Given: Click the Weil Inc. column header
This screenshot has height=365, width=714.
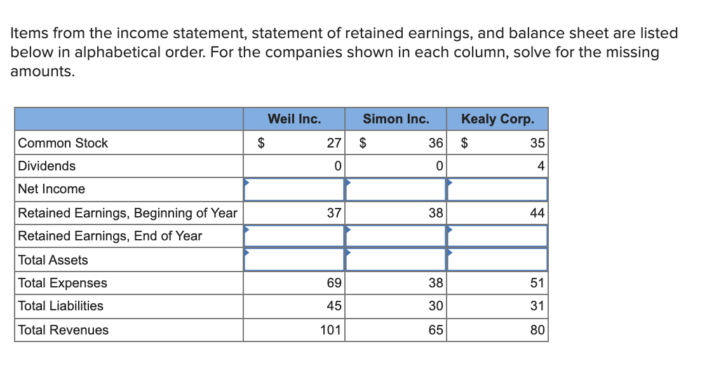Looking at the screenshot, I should (x=294, y=119).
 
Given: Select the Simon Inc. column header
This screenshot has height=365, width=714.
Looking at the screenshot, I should (x=396, y=119).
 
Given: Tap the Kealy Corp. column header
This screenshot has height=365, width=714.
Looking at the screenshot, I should (x=497, y=119).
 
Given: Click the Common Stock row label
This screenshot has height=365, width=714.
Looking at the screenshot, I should (x=63, y=143).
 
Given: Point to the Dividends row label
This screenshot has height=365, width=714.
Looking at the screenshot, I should (x=46, y=166).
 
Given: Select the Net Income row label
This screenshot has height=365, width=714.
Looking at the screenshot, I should (x=51, y=189).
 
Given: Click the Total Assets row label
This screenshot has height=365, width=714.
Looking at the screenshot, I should (x=53, y=260).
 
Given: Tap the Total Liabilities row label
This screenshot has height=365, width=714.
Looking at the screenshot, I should (x=60, y=306).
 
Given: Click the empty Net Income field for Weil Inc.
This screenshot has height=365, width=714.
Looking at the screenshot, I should (x=294, y=189).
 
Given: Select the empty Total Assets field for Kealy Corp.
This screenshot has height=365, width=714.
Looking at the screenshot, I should (x=497, y=259).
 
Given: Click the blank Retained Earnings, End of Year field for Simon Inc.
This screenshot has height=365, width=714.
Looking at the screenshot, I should (x=396, y=236).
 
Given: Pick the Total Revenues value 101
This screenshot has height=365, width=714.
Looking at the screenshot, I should (x=330, y=330).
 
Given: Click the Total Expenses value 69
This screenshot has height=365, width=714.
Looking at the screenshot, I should (x=334, y=283).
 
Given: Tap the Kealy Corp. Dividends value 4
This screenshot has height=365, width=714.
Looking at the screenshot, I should (x=541, y=166).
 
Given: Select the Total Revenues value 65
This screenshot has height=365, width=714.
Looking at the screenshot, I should (x=436, y=330).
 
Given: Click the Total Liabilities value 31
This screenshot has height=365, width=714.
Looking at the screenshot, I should (x=537, y=306).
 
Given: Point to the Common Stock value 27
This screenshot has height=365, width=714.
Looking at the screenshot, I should (x=334, y=143).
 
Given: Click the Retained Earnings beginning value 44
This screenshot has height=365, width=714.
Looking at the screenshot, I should (x=537, y=213).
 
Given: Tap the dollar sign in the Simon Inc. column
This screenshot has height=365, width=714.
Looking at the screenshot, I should (x=363, y=143).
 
